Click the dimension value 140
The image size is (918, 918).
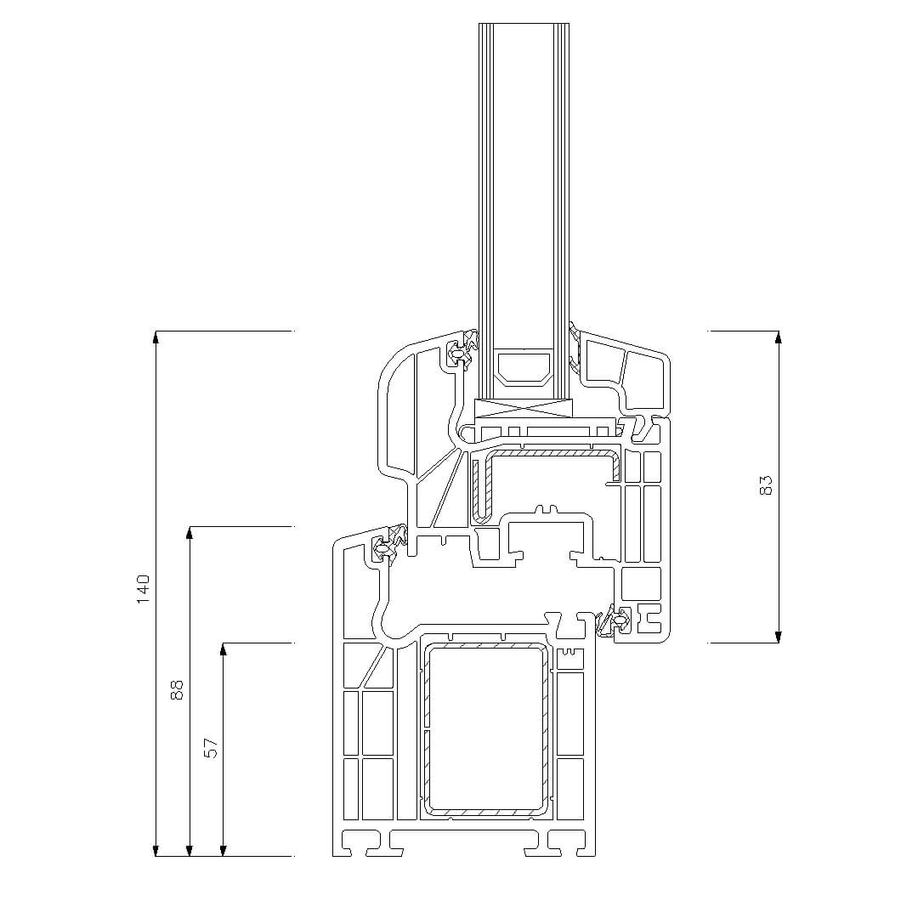point(144,590)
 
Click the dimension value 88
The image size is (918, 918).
point(177,689)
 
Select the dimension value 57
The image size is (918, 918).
point(211,748)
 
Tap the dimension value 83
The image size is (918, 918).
point(766,485)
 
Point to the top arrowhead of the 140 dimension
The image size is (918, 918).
point(156,337)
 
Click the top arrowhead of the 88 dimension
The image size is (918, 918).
point(189,532)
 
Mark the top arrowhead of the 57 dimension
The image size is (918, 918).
point(223,649)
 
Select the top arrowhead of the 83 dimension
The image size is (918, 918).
point(778,337)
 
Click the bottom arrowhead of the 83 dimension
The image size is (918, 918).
point(778,637)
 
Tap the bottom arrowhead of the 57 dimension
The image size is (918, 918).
point(223,850)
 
